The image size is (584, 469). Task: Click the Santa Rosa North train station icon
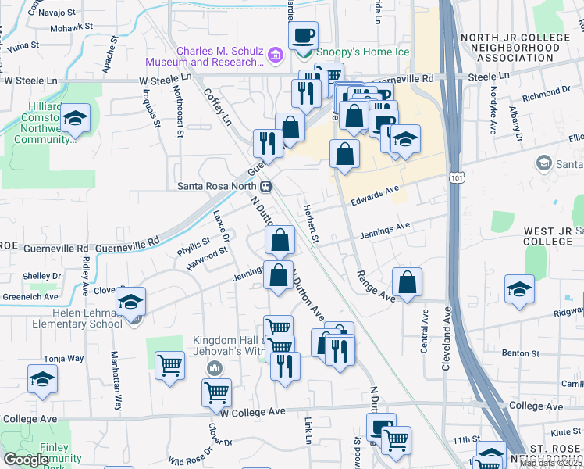pyautogui.click(x=266, y=187)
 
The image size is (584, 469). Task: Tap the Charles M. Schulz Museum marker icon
pyautogui.click(x=275, y=56)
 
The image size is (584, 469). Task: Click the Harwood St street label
pyautogui.click(x=206, y=257)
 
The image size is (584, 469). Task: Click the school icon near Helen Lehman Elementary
pyautogui.click(x=131, y=301)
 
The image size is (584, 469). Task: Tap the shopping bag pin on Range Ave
pyautogui.click(x=407, y=282)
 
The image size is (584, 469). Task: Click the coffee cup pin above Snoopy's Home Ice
pyautogui.click(x=303, y=35)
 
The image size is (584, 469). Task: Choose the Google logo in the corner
pyautogui.click(x=26, y=460)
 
